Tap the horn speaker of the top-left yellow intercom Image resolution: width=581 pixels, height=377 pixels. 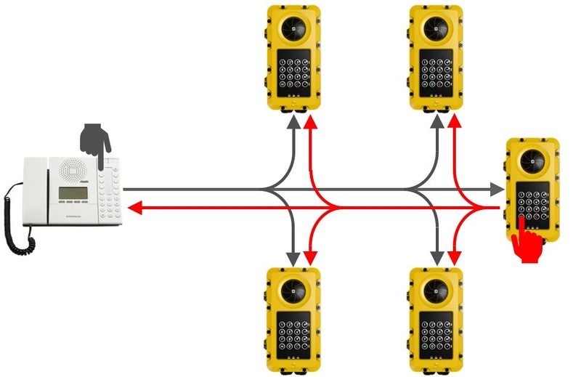293,28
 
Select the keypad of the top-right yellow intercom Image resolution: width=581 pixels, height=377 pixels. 437,70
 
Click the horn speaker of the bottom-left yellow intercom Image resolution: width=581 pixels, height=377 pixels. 293,291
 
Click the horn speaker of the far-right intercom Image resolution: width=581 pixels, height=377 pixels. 533,161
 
